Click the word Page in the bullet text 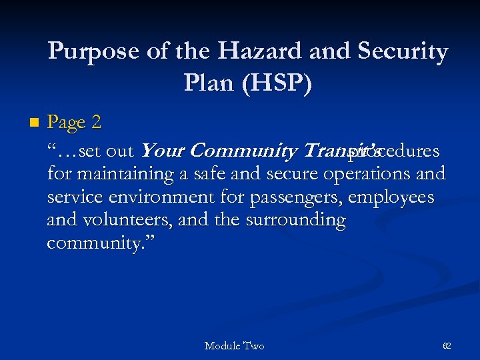67,123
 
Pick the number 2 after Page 97,123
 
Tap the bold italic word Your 163,151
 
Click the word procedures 399,151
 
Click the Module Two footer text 234,346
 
